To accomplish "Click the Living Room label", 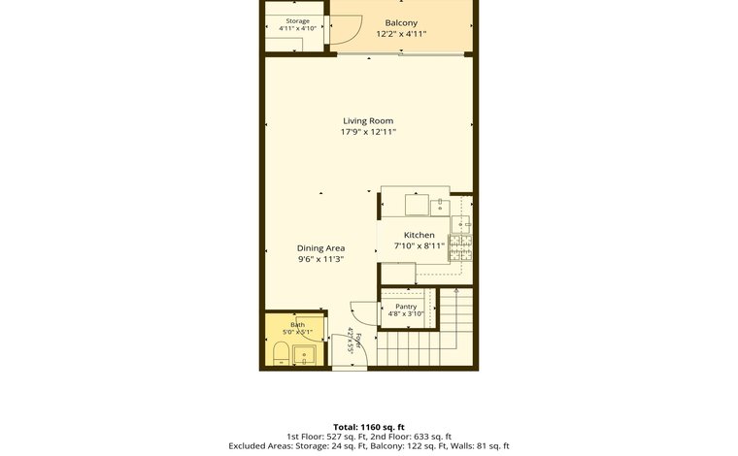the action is (x=368, y=121).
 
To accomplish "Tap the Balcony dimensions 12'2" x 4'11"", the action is (x=401, y=34).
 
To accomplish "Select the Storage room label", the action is (x=297, y=21).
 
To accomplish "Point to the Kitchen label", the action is (x=419, y=235).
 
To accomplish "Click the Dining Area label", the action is (x=321, y=248).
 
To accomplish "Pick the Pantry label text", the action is (x=406, y=307).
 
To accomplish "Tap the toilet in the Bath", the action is (x=282, y=354).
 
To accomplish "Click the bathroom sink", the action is (x=305, y=355).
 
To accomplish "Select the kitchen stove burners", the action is (x=461, y=247).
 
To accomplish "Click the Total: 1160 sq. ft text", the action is (x=369, y=427).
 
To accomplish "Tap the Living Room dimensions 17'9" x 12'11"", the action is (x=368, y=132).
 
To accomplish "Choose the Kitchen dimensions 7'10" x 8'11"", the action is (x=419, y=245).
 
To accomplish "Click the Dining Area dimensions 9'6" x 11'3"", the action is (x=321, y=259).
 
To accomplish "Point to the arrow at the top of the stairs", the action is (x=455, y=291).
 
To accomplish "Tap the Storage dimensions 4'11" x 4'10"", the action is (x=297, y=28).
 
